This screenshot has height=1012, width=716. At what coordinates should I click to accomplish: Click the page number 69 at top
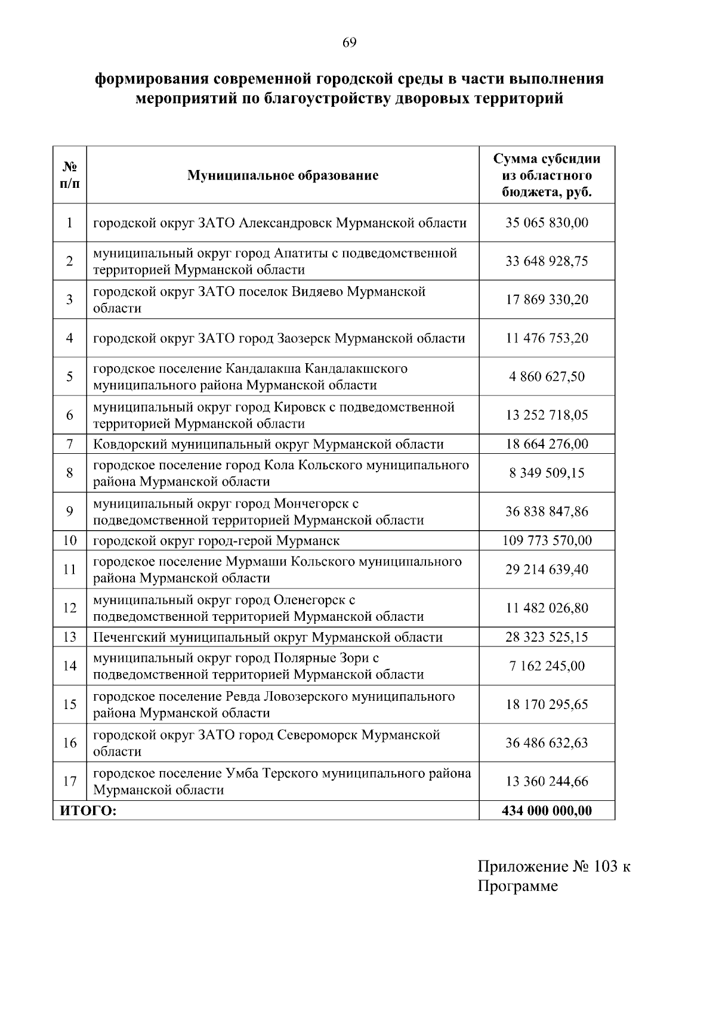[350, 42]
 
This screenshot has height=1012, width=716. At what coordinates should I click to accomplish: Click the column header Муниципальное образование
[282, 175]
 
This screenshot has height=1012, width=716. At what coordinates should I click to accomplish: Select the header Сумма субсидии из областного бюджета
[547, 175]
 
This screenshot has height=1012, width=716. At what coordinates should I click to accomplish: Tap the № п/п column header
[69, 175]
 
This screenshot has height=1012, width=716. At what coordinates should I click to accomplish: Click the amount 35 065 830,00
[547, 223]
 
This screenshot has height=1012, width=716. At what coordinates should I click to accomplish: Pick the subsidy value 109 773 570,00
[547, 541]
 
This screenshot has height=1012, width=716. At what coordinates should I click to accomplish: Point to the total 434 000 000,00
[547, 810]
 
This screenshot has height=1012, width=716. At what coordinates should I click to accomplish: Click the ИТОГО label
[87, 810]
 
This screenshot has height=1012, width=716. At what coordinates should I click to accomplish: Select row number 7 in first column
[69, 444]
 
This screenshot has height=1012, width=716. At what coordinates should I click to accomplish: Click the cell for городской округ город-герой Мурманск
[216, 541]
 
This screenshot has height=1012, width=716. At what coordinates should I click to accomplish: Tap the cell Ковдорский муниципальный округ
[268, 444]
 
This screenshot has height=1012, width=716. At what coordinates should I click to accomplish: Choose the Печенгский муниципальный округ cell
[267, 637]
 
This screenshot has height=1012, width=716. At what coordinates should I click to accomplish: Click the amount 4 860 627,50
[547, 377]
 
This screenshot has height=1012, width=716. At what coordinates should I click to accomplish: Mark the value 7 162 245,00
[547, 666]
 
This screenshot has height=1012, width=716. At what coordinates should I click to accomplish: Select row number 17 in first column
[69, 781]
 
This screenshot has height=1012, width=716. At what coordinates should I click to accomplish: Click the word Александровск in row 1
[285, 223]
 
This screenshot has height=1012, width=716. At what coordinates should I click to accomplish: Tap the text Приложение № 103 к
[553, 866]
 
